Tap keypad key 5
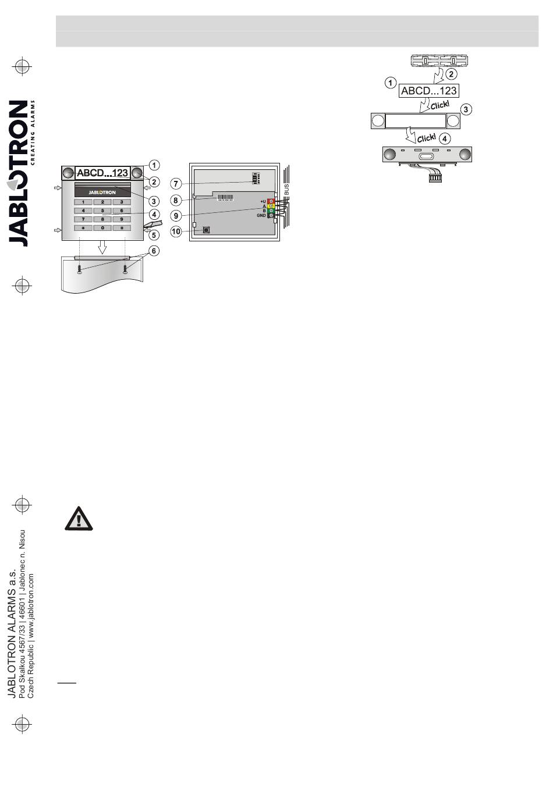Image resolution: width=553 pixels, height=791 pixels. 102,211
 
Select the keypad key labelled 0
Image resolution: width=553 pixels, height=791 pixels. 102,228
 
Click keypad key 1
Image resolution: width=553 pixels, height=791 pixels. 83,202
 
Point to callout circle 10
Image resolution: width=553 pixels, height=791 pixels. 176,231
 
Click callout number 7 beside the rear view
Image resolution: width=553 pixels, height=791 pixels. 175,184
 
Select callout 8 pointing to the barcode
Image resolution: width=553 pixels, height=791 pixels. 175,201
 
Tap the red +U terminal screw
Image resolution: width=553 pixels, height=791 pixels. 271,201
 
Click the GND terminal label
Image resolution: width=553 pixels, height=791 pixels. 261,216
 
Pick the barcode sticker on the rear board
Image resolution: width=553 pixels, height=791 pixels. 226,198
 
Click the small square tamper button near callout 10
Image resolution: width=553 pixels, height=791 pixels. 206,230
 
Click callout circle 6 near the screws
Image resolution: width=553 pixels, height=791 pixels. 154,251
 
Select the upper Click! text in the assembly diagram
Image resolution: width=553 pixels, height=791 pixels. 439,105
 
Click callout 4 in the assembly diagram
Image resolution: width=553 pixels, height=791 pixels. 445,138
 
